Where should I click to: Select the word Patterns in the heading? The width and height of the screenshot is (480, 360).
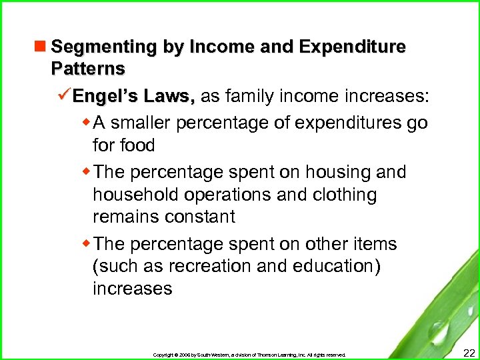click(x=87, y=69)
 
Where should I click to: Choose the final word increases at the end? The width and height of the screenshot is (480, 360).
click(x=133, y=289)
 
